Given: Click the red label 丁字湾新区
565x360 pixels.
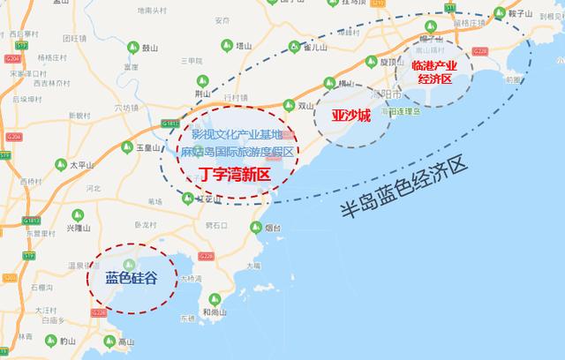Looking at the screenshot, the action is (x=232, y=174).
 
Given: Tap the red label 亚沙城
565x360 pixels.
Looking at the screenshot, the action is (x=350, y=116).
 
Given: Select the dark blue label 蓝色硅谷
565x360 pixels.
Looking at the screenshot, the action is (x=132, y=278).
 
